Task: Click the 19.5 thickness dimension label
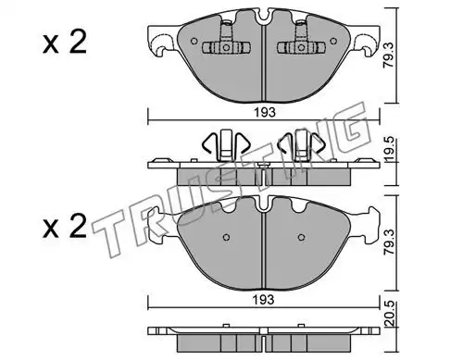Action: tap(389, 149)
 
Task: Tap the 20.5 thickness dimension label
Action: tap(390, 314)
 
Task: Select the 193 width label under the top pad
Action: tap(265, 113)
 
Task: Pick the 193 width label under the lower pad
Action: tap(263, 300)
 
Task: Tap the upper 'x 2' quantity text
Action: tap(65, 43)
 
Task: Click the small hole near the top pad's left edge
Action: tap(194, 41)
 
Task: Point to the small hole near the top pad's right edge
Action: tap(333, 41)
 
